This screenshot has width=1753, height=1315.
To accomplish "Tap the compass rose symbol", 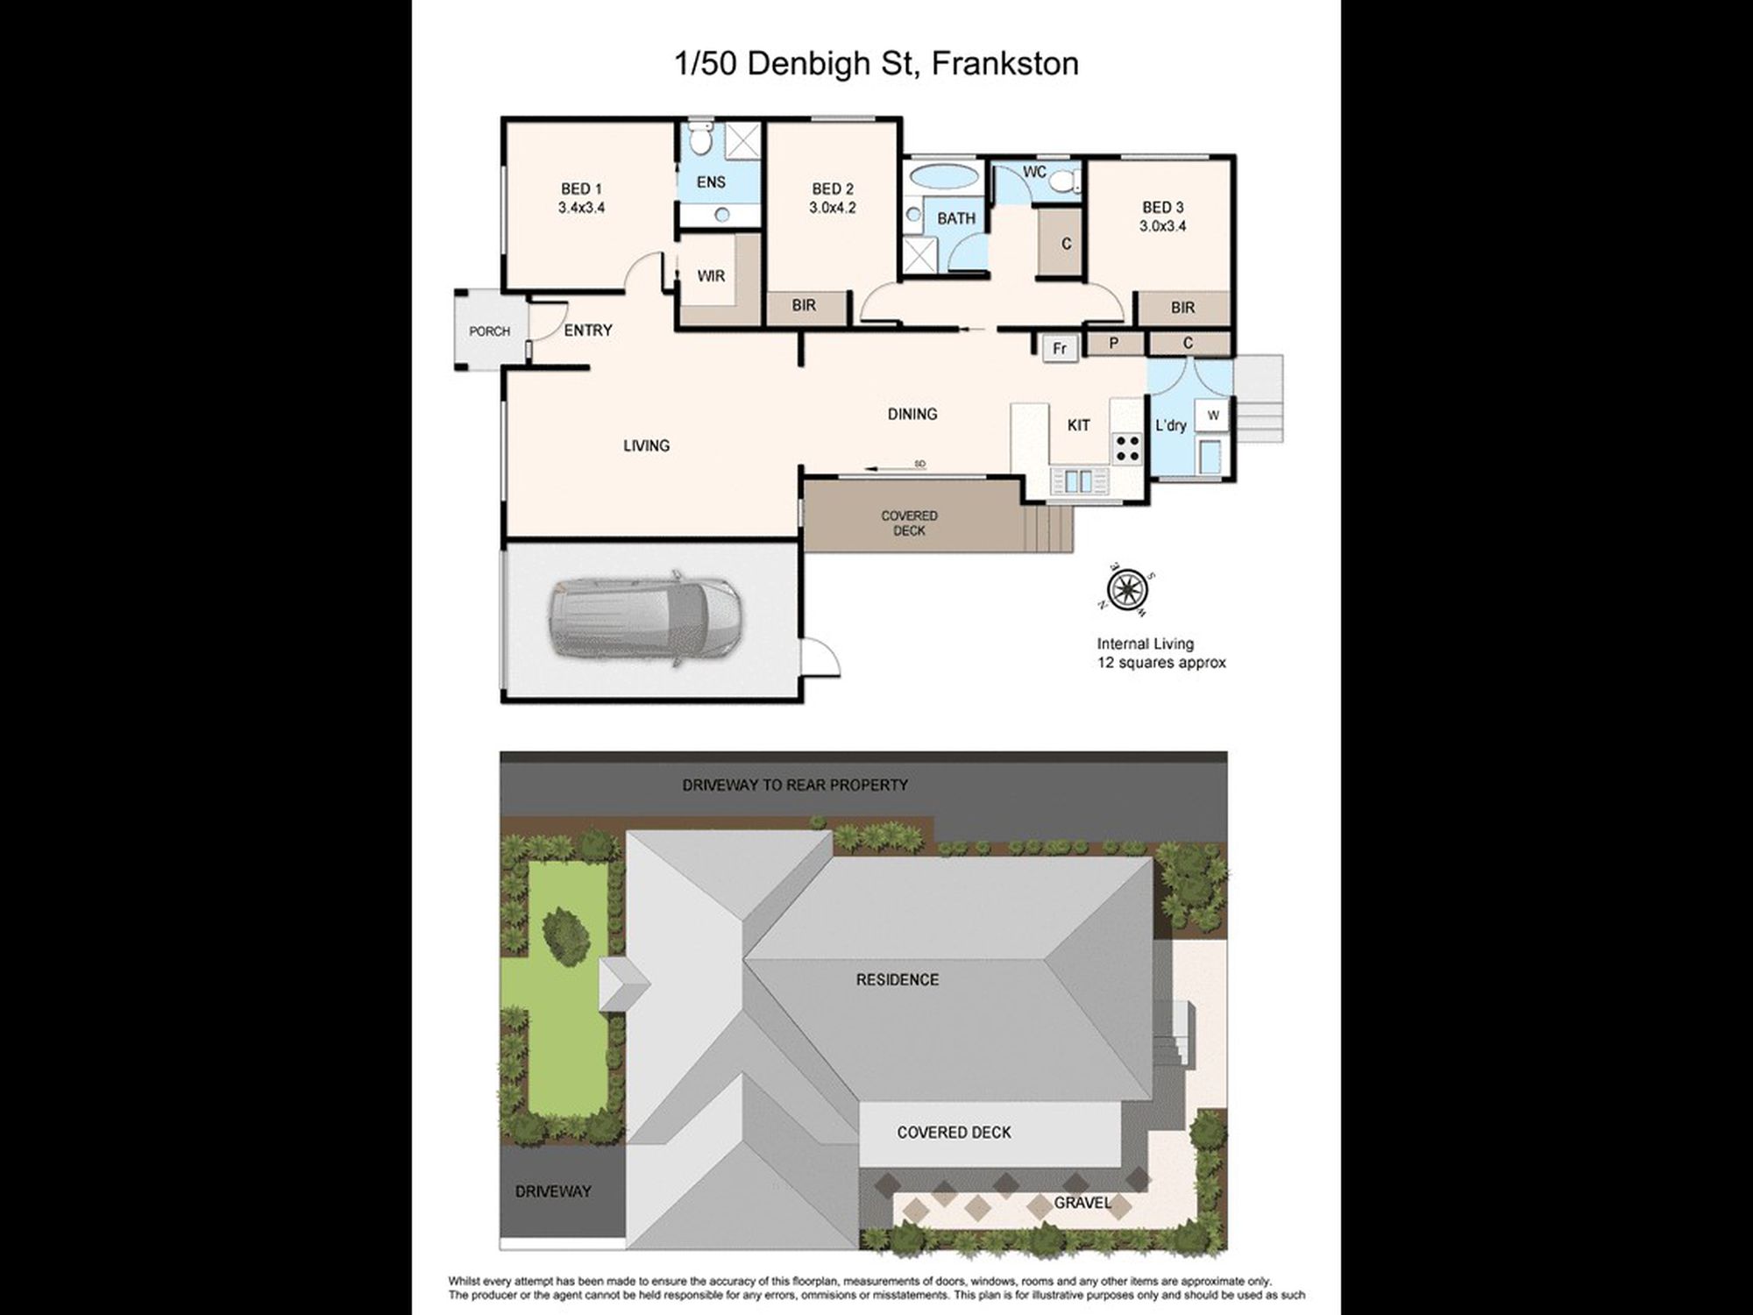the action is point(1129,586).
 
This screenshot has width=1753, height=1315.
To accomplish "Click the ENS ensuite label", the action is point(711,182).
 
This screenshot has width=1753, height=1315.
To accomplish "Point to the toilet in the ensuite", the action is point(700,139).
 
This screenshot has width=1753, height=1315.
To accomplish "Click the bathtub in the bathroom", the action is point(943,175).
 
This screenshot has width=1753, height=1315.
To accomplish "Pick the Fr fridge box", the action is point(1060,348).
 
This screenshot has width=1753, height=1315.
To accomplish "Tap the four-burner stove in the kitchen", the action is point(1127,448).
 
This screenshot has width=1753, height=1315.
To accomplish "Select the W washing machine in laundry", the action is point(1213,416).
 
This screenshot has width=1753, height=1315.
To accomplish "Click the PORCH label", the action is point(489,331).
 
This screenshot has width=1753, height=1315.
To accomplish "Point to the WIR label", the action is point(711,276).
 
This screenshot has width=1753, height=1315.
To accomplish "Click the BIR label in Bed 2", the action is point(804,305).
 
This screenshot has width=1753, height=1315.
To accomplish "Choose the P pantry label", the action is point(1113,343).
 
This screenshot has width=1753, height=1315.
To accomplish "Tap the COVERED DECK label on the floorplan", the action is point(909,523).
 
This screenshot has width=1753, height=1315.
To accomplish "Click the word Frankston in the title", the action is point(1004,63).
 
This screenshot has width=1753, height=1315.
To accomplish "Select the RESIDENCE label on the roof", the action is point(897,979).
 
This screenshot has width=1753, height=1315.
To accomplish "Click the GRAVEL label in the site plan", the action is point(1082,1203).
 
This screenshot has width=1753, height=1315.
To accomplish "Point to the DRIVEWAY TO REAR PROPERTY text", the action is point(795,785).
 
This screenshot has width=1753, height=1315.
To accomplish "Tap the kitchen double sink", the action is point(1078,480).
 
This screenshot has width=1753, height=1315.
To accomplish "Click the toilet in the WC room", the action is point(1064,181).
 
